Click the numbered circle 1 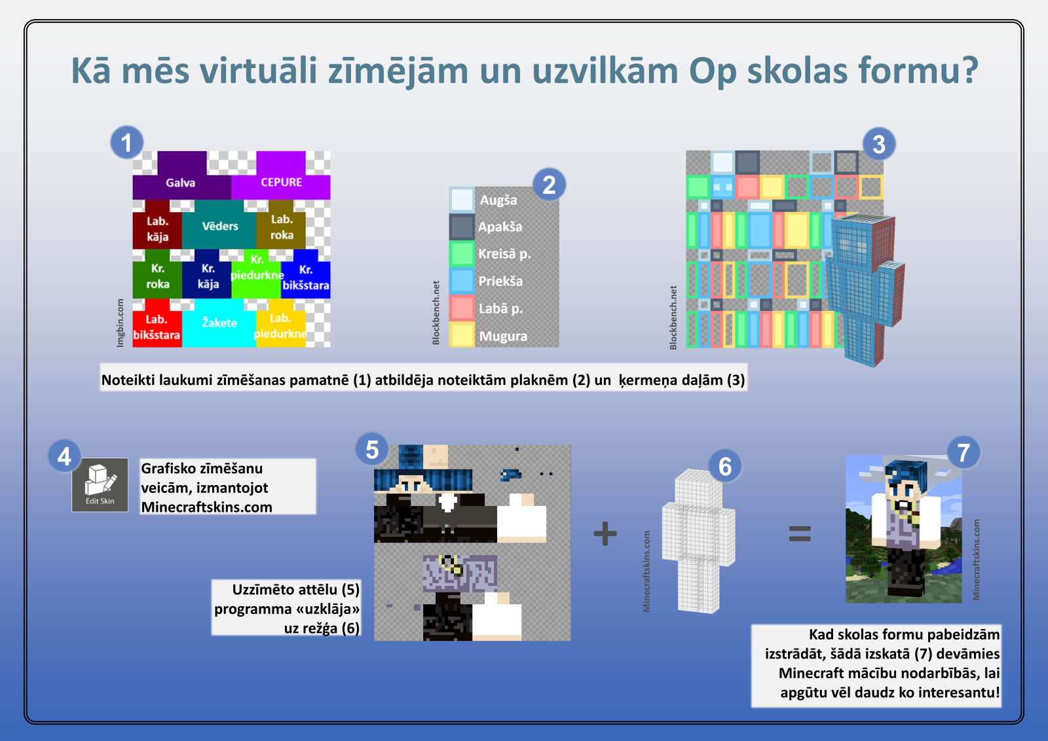click(127, 142)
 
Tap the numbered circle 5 click(372, 449)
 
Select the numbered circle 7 click(964, 452)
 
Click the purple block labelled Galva click(181, 175)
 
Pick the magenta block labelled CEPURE click(281, 175)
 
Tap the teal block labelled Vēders click(219, 225)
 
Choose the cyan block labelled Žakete click(219, 323)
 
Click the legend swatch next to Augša click(462, 200)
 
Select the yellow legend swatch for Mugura click(462, 334)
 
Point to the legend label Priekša click(500, 281)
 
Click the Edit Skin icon click(100, 485)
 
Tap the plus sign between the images click(605, 533)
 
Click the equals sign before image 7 click(800, 533)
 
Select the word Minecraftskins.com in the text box click(207, 507)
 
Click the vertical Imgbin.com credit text click(121, 323)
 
